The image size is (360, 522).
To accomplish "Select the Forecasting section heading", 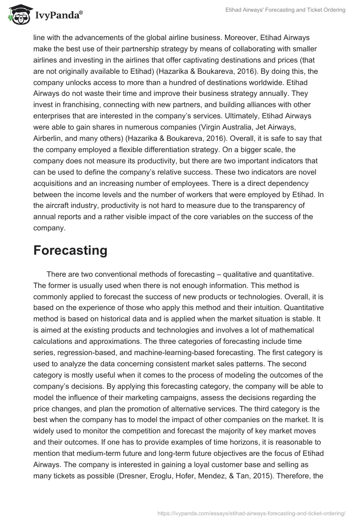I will click(x=70, y=250).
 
